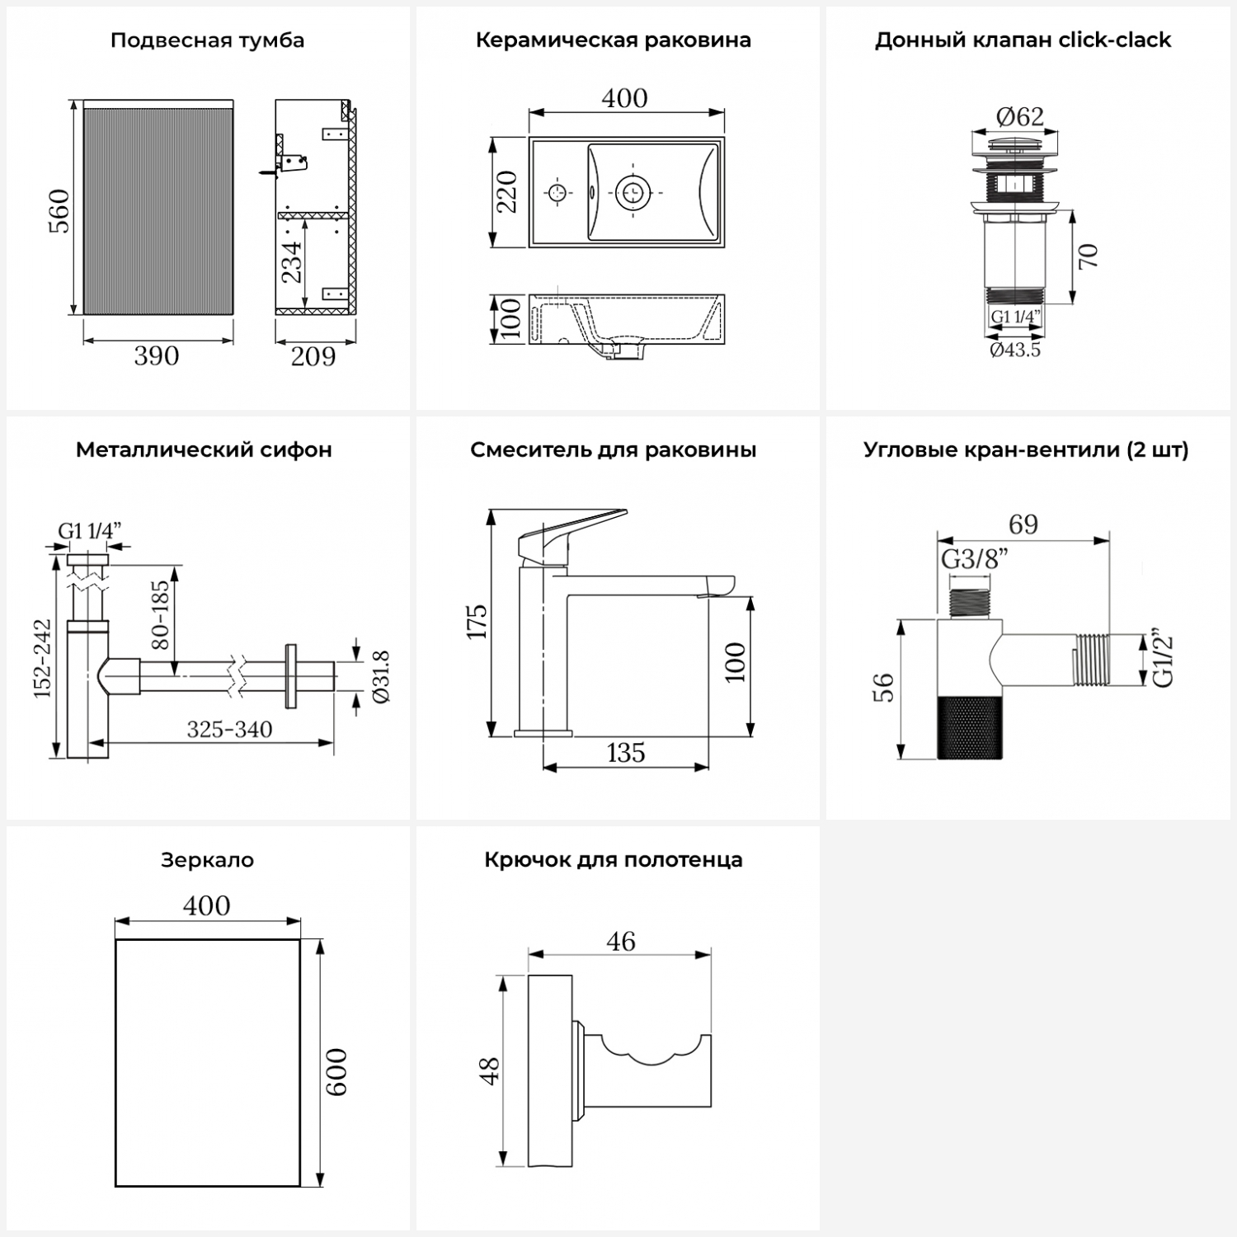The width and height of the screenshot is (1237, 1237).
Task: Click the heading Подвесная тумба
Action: click(x=207, y=40)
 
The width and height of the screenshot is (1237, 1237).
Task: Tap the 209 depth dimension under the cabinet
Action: click(x=313, y=356)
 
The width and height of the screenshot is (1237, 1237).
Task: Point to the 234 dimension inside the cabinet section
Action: click(x=293, y=261)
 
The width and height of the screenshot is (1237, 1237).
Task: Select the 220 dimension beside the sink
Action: click(x=507, y=191)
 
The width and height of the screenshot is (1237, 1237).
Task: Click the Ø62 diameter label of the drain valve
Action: click(x=1020, y=116)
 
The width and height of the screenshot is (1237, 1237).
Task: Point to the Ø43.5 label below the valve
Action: click(x=1015, y=350)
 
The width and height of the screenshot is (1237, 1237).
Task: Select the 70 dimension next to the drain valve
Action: click(x=1088, y=256)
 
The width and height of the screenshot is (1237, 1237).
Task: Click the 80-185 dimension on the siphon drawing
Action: click(x=160, y=614)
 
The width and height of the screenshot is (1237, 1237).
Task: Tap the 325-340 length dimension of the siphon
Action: click(x=229, y=729)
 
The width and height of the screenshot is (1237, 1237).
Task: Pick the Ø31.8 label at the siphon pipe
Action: click(x=381, y=676)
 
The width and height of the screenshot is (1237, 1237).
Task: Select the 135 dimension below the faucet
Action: click(x=625, y=753)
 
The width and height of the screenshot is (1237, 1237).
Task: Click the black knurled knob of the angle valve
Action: click(x=971, y=727)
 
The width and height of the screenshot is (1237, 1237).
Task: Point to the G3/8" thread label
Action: click(x=974, y=559)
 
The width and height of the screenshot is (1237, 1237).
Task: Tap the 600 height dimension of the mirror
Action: click(x=336, y=1071)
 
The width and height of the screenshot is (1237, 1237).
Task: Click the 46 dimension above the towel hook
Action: click(x=621, y=941)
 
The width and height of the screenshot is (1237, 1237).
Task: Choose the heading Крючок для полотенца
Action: click(x=614, y=860)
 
